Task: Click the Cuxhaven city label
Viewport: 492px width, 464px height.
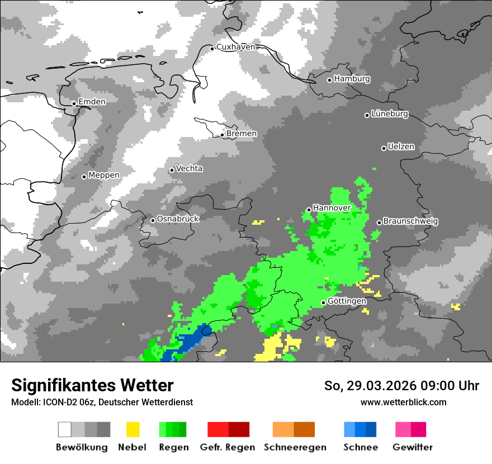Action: point(235,47)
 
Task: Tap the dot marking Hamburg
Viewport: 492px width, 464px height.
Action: point(330,80)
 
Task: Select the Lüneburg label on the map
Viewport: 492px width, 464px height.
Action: point(390,114)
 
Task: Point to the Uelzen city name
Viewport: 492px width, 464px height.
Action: point(401,147)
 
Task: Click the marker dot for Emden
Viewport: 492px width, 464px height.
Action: point(74,103)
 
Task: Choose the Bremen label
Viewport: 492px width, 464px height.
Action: point(242,134)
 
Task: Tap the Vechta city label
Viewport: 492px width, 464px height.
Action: point(189,169)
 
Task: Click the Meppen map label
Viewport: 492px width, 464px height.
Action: point(104,176)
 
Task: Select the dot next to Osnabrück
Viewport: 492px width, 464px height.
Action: point(153,220)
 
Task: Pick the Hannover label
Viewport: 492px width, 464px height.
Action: point(332,208)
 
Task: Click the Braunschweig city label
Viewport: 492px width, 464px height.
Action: point(410,221)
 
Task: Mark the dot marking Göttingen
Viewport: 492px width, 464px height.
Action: point(323,302)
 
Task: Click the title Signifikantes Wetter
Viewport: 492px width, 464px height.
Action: point(92,385)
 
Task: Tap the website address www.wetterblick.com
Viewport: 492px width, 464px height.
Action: point(403,402)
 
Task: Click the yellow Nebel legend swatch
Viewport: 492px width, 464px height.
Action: point(133,429)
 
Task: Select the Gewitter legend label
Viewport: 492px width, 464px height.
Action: point(412,447)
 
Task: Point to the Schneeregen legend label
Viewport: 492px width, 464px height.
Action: point(295,447)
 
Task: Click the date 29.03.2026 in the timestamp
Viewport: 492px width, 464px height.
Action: point(377,386)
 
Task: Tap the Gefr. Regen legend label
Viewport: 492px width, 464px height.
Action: point(228,447)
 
